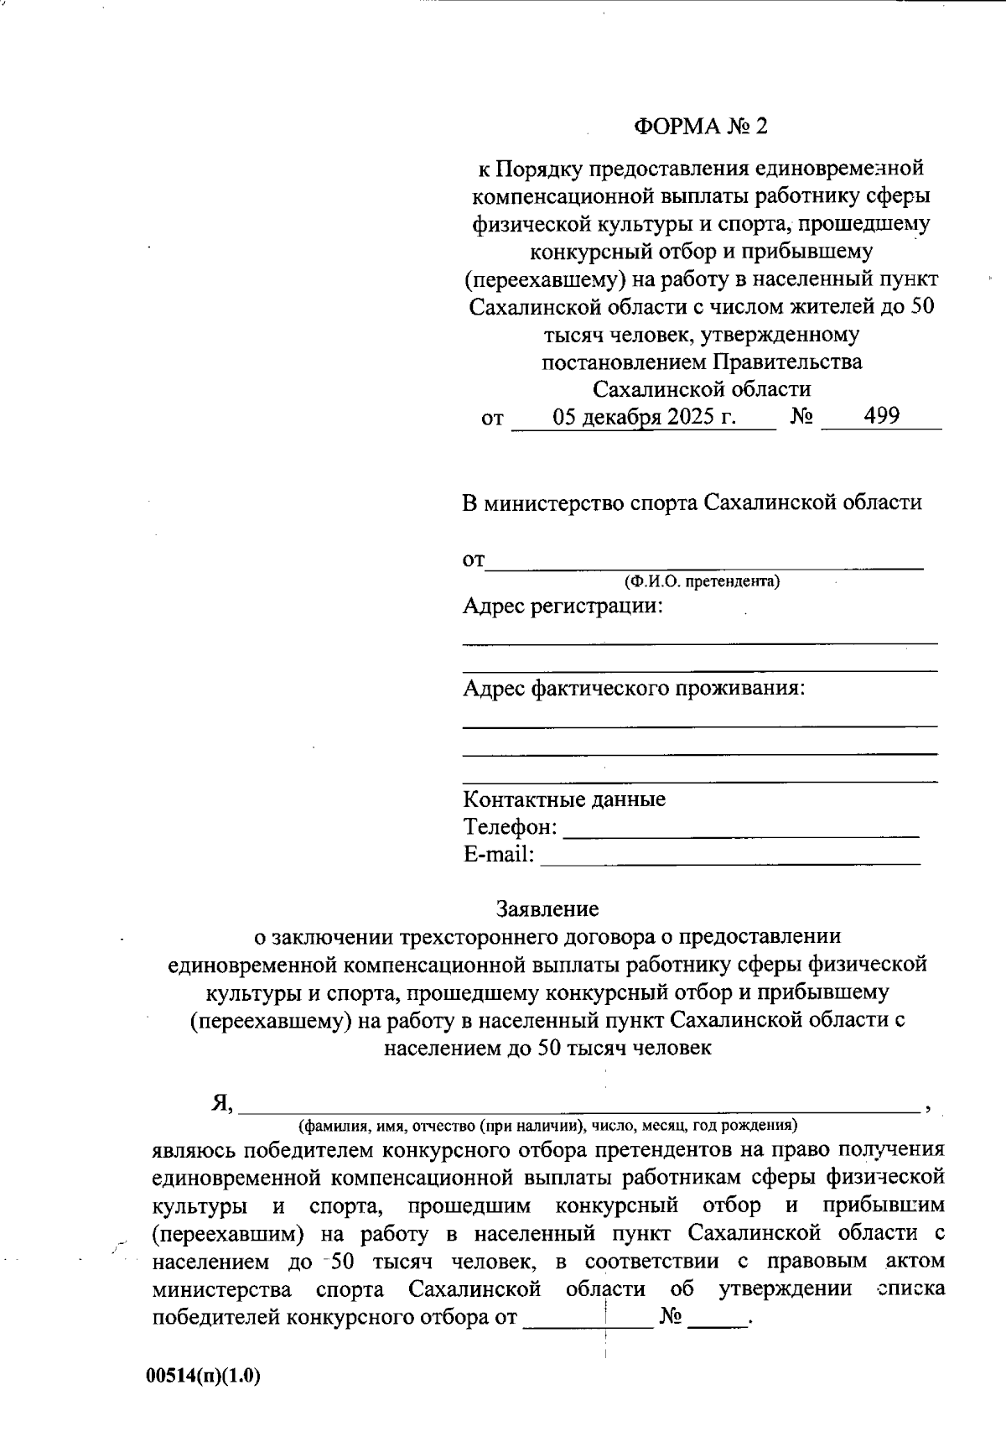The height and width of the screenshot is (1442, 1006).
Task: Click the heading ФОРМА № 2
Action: pos(701,128)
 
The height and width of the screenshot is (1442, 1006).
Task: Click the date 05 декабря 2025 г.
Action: pos(644,417)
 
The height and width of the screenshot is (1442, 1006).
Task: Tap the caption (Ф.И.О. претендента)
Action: pos(701,581)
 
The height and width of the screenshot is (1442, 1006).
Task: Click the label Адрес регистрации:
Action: pos(563,606)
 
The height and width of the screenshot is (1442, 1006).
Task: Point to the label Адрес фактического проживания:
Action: pos(634,690)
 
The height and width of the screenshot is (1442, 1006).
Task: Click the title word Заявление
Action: pos(547,908)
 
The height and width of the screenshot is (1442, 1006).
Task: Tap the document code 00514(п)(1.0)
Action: pos(204,1376)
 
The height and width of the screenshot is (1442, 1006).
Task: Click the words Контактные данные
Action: pos(564,799)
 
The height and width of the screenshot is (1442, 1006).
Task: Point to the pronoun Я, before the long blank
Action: pos(222,1104)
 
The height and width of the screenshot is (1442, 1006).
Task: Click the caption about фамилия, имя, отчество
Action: pos(547,1125)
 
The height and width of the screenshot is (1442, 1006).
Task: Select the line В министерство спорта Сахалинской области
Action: pos(692,502)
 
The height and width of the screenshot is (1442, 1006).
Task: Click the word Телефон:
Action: pos(510,827)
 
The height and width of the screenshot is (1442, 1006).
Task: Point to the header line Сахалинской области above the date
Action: pos(701,390)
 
